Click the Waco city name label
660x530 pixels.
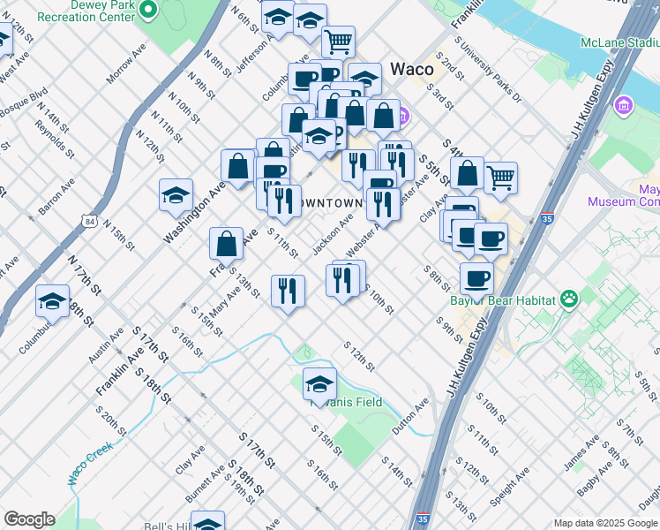point(411,70)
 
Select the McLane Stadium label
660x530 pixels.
point(619,42)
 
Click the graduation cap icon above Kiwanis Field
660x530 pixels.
point(319,382)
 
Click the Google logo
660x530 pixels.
point(29,519)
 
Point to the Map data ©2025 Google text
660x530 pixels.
point(605,522)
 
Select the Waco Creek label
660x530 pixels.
point(89,469)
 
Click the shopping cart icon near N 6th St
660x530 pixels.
point(338,40)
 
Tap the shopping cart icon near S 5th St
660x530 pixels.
point(500,177)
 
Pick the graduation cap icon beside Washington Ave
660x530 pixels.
point(176,194)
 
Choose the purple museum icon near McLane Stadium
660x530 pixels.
point(625,106)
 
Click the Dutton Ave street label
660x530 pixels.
point(409,413)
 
